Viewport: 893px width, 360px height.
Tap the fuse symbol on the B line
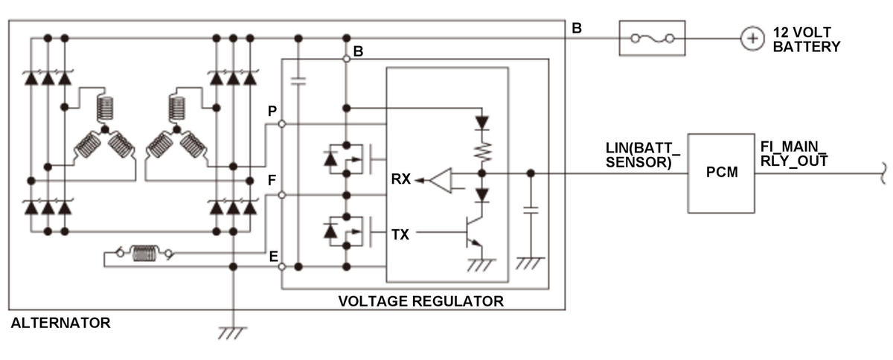(x=652, y=38)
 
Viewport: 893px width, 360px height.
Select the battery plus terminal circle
(x=752, y=38)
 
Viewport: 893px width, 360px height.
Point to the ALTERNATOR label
(x=60, y=323)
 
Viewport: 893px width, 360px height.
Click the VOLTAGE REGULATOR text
(x=420, y=301)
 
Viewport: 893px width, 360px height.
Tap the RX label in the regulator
(x=401, y=179)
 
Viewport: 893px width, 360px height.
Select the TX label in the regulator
(x=400, y=234)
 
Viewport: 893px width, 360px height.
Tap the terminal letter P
(x=272, y=110)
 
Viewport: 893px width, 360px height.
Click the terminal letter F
(x=272, y=180)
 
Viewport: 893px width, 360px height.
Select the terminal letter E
(x=273, y=257)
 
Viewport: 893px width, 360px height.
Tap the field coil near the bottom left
(x=144, y=254)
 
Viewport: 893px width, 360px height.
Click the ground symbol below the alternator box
(x=232, y=332)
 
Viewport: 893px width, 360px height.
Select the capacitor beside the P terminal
(x=299, y=82)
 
